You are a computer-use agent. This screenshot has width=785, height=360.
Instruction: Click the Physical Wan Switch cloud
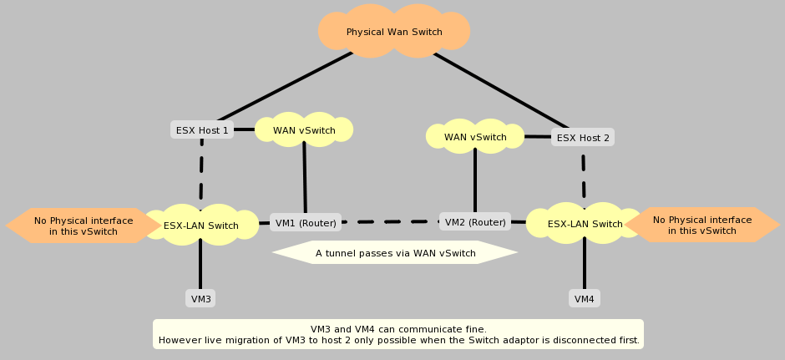[394, 33]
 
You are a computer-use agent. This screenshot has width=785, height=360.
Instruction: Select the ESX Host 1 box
[201, 130]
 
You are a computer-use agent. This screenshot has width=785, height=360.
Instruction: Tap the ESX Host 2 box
[583, 137]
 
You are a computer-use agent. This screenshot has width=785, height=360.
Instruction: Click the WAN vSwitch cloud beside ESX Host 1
[304, 130]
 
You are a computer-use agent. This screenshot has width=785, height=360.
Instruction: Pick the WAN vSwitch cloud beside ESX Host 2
[474, 137]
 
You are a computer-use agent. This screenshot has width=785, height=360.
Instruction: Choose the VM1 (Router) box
[306, 222]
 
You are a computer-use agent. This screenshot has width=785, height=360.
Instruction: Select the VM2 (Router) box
[475, 222]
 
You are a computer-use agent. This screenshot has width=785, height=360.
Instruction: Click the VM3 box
[200, 298]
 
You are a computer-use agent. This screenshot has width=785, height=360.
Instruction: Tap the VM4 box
[585, 298]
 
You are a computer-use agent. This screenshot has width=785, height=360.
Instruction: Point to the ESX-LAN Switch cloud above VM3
[200, 225]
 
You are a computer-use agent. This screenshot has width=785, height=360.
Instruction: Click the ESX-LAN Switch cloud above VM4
[585, 224]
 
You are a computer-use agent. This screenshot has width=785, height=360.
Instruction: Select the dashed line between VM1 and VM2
[389, 222]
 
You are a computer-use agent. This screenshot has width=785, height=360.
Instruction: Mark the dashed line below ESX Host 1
[201, 171]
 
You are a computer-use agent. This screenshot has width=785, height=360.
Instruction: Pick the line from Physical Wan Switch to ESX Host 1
[284, 87]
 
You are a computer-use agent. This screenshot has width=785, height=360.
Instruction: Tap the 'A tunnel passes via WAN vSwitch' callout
[395, 253]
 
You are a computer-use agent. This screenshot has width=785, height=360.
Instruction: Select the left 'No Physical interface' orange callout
[84, 226]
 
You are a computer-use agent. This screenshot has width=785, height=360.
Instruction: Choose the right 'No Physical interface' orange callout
[701, 225]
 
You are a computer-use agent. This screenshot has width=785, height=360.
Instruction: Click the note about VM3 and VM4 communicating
[398, 334]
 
